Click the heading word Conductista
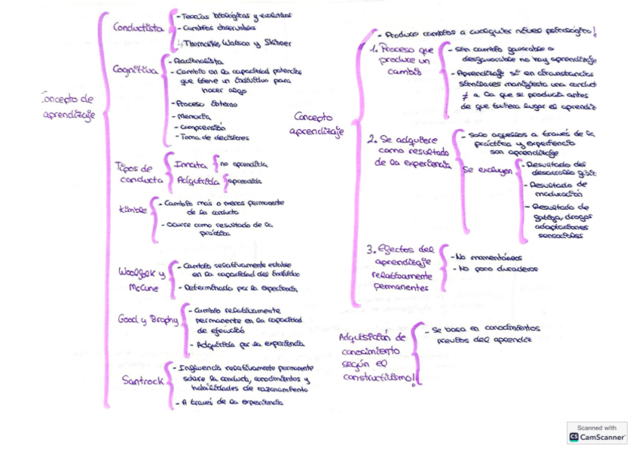pyautogui.click(x=138, y=28)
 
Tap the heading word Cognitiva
pyautogui.click(x=135, y=70)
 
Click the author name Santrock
pyautogui.click(x=142, y=380)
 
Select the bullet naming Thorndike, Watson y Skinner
pyautogui.click(x=234, y=44)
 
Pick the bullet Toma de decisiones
pyautogui.click(x=213, y=137)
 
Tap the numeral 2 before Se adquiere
pyautogui.click(x=372, y=140)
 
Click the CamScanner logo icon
pyautogui.click(x=574, y=437)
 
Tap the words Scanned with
pyautogui.click(x=598, y=427)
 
